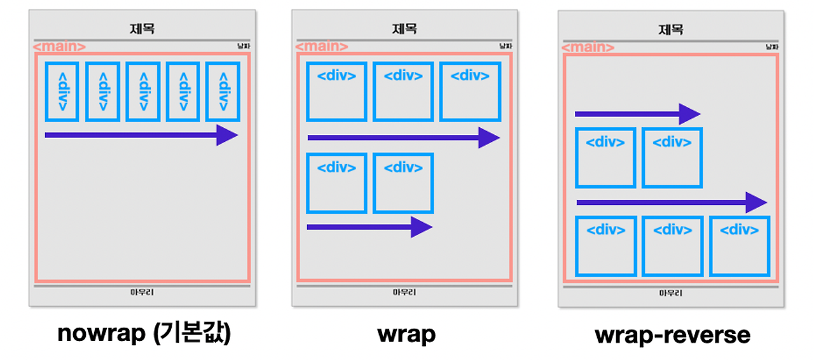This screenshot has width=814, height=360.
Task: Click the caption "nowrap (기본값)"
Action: click(x=144, y=333)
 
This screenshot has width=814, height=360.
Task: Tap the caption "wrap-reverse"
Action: click(x=672, y=335)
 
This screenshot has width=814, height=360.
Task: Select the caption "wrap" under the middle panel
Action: click(x=407, y=334)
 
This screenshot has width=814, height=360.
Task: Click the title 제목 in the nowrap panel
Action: click(x=142, y=29)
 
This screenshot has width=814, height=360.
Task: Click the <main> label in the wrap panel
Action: click(x=322, y=46)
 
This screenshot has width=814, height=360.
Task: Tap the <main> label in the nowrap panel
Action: click(x=59, y=46)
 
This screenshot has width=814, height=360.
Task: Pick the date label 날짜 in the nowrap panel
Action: click(x=242, y=46)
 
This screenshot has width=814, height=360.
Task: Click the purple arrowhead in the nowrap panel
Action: click(x=227, y=135)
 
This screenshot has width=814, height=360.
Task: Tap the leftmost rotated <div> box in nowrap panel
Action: click(x=62, y=91)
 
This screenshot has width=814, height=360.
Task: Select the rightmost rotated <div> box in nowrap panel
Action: click(x=223, y=91)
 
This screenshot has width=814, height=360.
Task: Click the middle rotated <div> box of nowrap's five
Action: click(x=142, y=91)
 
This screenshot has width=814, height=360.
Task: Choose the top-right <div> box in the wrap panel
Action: click(x=470, y=92)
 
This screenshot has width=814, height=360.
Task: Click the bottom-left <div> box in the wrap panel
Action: click(x=336, y=183)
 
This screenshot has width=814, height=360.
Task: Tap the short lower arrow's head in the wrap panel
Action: click(x=422, y=227)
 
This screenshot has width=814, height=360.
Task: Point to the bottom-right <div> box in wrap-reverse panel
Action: click(x=740, y=246)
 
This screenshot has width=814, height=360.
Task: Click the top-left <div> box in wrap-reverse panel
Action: click(x=605, y=158)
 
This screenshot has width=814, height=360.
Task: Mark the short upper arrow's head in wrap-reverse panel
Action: click(x=689, y=114)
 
